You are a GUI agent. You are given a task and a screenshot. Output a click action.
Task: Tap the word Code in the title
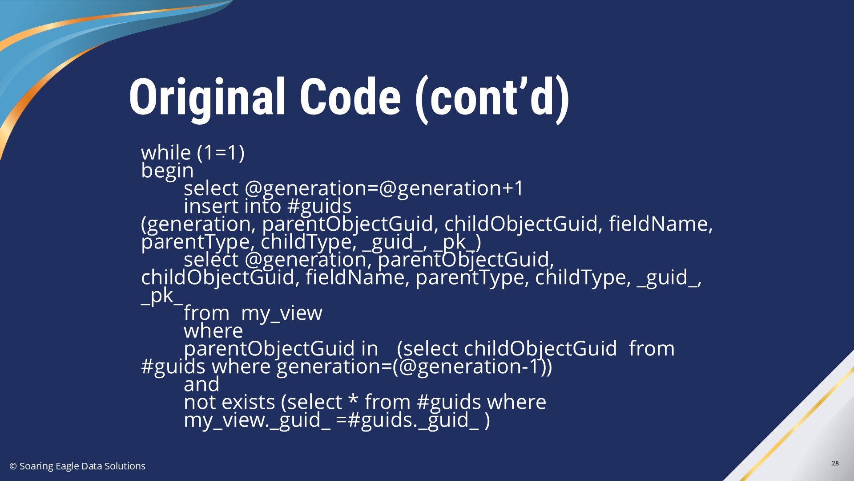350,97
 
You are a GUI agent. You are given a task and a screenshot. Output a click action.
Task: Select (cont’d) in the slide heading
492,98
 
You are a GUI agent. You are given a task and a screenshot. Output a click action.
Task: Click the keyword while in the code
166,152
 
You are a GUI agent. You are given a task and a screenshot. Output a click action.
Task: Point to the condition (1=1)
221,153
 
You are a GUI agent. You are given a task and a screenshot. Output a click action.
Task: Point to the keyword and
201,384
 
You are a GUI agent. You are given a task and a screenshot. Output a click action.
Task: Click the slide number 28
835,463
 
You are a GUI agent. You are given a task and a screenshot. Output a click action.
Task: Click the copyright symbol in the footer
13,466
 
